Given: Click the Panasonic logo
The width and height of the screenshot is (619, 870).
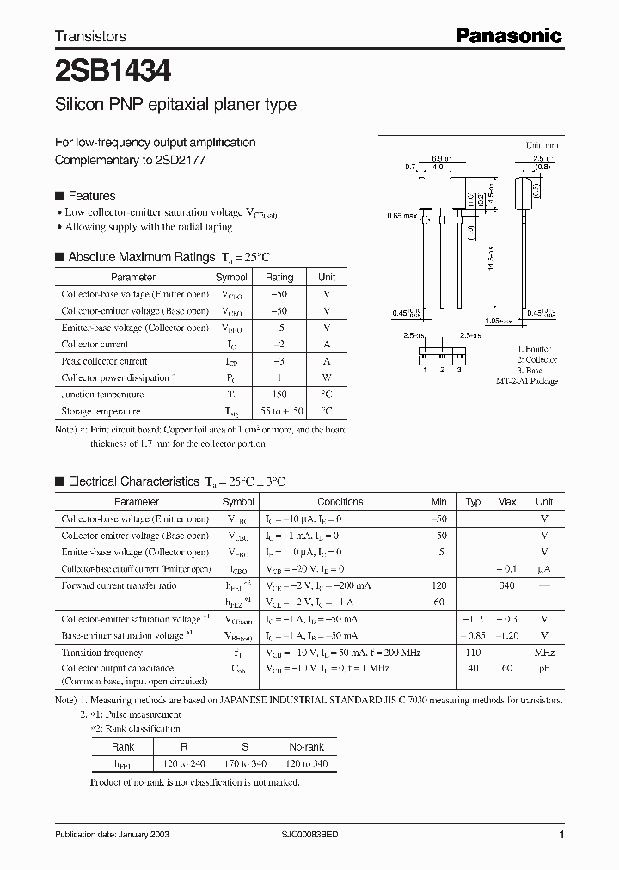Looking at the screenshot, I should pyautogui.click(x=507, y=36).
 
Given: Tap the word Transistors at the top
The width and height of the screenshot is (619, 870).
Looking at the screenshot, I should pyautogui.click(x=90, y=36).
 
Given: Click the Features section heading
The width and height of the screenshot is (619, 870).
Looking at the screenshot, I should pyautogui.click(x=91, y=196).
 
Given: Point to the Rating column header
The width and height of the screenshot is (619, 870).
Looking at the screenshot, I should pyautogui.click(x=279, y=278).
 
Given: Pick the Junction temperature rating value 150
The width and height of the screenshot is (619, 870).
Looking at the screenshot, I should pyautogui.click(x=279, y=395).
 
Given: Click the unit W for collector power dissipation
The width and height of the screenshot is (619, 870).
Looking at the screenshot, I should pyautogui.click(x=327, y=378).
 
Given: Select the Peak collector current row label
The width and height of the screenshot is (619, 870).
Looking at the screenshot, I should pyautogui.click(x=104, y=361).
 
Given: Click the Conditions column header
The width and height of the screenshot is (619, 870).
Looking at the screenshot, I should pyautogui.click(x=340, y=502).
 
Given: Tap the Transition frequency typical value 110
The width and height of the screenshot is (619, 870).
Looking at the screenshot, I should pyautogui.click(x=473, y=652).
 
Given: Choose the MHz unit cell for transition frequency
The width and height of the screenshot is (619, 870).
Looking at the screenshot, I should pyautogui.click(x=544, y=652).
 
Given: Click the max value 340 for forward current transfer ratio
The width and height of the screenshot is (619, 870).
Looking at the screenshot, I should pyautogui.click(x=506, y=586).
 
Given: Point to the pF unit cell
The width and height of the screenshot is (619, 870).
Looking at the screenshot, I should pyautogui.click(x=544, y=668).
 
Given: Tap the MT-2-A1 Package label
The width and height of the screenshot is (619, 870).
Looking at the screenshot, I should pyautogui.click(x=526, y=381).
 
